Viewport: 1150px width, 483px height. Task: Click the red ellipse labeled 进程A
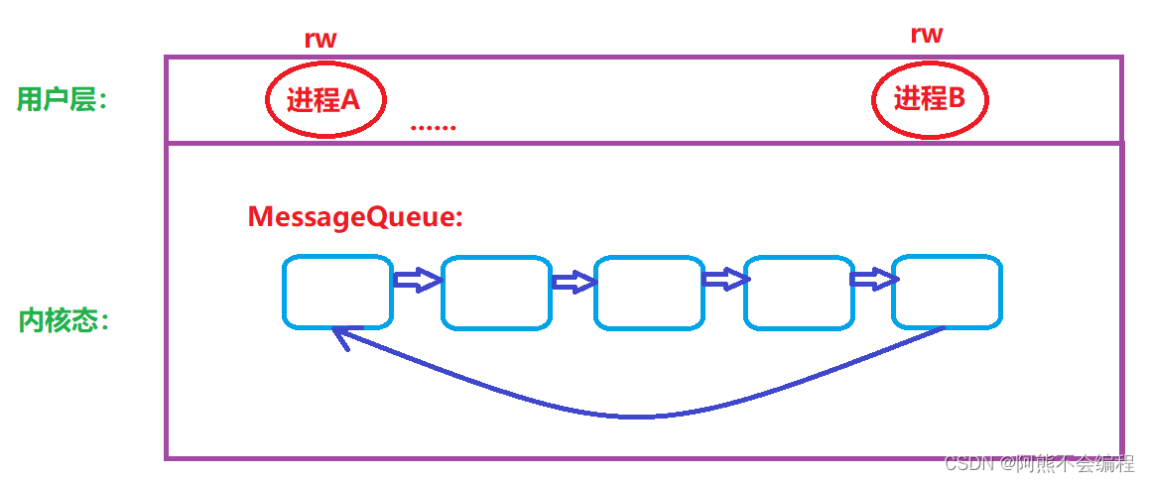coord(324,99)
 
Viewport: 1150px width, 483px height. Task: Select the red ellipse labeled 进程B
coord(930,99)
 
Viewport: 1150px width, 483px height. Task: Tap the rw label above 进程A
coord(319,40)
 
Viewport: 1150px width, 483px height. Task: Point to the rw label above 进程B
coord(926,35)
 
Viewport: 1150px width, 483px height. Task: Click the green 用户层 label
coord(61,99)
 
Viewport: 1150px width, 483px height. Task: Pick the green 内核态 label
coord(63,321)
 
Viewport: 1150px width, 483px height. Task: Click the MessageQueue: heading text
coord(355,217)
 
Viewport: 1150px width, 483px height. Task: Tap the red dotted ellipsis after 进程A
coord(433,127)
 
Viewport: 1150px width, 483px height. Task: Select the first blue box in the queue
coord(336,292)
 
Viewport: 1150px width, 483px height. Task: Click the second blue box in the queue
coord(495,293)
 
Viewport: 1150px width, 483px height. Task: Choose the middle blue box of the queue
coord(649,293)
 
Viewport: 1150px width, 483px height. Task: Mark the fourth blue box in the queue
coord(798,293)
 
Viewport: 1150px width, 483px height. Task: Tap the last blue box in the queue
coord(947,292)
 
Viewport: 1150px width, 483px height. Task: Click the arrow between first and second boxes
coord(417,281)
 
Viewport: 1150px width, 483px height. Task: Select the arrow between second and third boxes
coord(573,283)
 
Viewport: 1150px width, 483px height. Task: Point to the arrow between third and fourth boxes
coord(724,281)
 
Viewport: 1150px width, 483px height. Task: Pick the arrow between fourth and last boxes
coord(873,280)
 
